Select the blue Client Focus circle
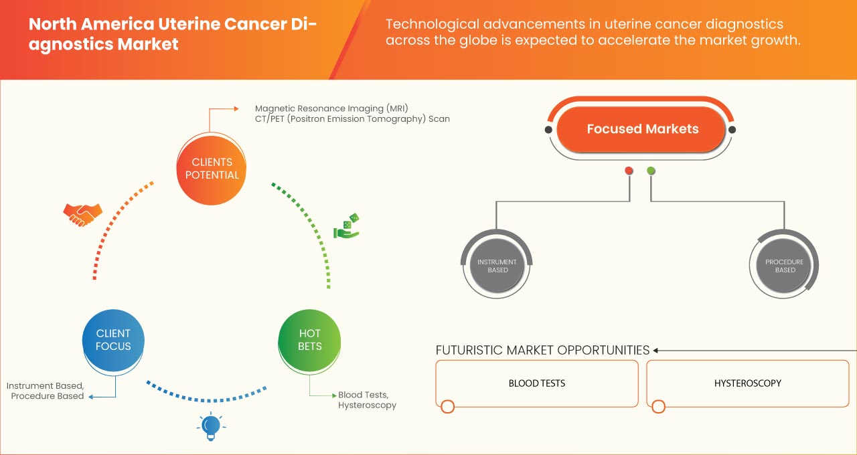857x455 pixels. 113,340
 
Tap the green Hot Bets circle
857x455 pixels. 310,340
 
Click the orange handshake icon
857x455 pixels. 82,214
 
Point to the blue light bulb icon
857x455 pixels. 210,426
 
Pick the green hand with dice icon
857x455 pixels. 347,227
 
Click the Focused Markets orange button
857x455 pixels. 642,129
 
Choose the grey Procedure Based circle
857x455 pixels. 785,266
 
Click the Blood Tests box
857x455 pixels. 537,383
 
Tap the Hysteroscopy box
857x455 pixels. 747,383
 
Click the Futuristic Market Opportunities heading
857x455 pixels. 542,350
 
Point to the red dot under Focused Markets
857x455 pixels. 629,171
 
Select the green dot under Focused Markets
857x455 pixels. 651,171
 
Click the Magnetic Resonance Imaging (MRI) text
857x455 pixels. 331,108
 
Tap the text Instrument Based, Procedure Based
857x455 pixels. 46,391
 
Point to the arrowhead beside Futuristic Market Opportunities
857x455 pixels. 656,350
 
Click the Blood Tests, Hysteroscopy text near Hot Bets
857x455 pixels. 367,400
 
